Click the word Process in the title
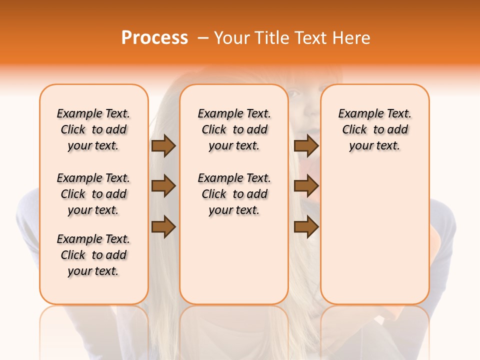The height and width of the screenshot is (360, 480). [x=154, y=38]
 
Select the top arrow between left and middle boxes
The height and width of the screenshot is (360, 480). [x=163, y=146]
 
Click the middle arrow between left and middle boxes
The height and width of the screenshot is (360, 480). [x=163, y=186]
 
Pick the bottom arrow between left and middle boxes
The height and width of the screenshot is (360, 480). [x=163, y=227]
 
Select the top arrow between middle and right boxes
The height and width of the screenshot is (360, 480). [x=306, y=146]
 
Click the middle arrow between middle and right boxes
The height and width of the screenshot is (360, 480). [x=306, y=186]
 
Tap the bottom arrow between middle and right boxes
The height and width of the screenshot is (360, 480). [x=306, y=227]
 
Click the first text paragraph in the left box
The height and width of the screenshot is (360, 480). [x=93, y=129]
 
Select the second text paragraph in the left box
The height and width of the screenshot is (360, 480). [x=93, y=194]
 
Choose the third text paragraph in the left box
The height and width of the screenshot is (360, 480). [x=93, y=255]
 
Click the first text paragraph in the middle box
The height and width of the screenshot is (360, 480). [x=234, y=129]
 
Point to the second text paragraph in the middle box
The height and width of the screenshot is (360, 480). [x=234, y=194]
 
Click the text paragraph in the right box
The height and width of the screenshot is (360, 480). [x=375, y=129]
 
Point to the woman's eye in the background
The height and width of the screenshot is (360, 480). [x=294, y=93]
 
